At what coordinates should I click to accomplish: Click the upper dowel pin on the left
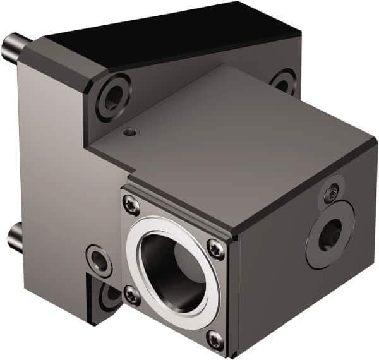13,46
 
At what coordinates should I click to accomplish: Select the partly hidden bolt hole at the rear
282,81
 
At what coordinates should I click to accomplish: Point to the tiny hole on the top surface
129,133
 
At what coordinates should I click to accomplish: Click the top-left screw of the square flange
131,203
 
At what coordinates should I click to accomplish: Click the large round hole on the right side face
329,234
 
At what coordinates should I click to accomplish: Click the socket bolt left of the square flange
99,259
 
